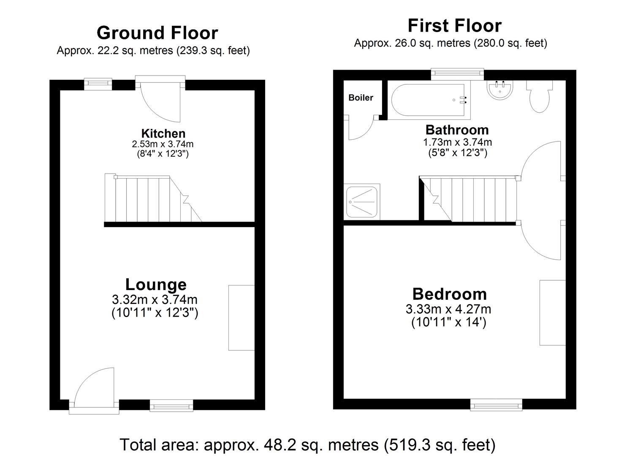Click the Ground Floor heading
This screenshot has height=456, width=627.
point(157,33)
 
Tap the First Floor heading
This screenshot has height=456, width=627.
point(454,26)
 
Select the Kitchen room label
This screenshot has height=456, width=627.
point(163,134)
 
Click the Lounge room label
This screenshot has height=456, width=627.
point(155,285)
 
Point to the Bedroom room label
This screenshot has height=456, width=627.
point(449,294)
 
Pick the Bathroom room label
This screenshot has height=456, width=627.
point(457,130)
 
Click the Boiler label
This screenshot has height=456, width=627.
point(361,98)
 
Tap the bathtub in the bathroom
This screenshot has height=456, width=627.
point(429,100)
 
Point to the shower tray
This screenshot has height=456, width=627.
point(362,201)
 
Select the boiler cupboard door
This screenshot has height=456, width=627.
point(361,129)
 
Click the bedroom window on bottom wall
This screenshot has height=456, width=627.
point(496,406)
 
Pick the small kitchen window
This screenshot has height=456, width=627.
point(98,83)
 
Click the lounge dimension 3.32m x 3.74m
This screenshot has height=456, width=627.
point(155,300)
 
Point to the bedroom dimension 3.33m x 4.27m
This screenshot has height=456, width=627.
point(448,309)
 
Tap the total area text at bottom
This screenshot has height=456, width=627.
point(307,445)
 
